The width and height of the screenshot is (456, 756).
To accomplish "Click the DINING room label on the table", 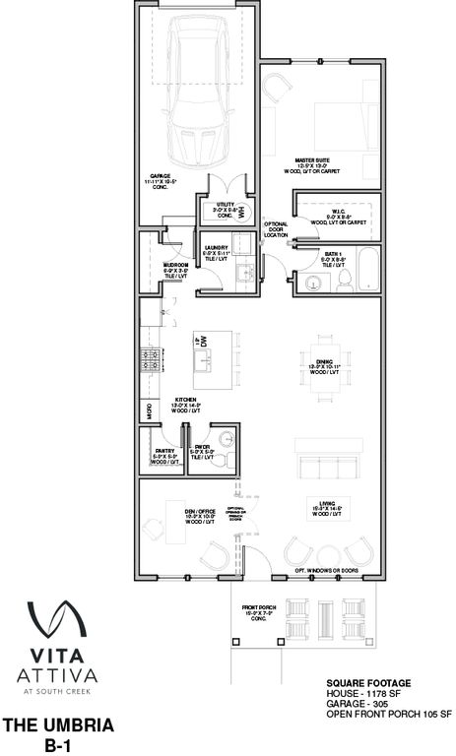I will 321,365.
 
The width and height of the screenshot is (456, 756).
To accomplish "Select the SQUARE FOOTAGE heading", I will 367,683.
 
